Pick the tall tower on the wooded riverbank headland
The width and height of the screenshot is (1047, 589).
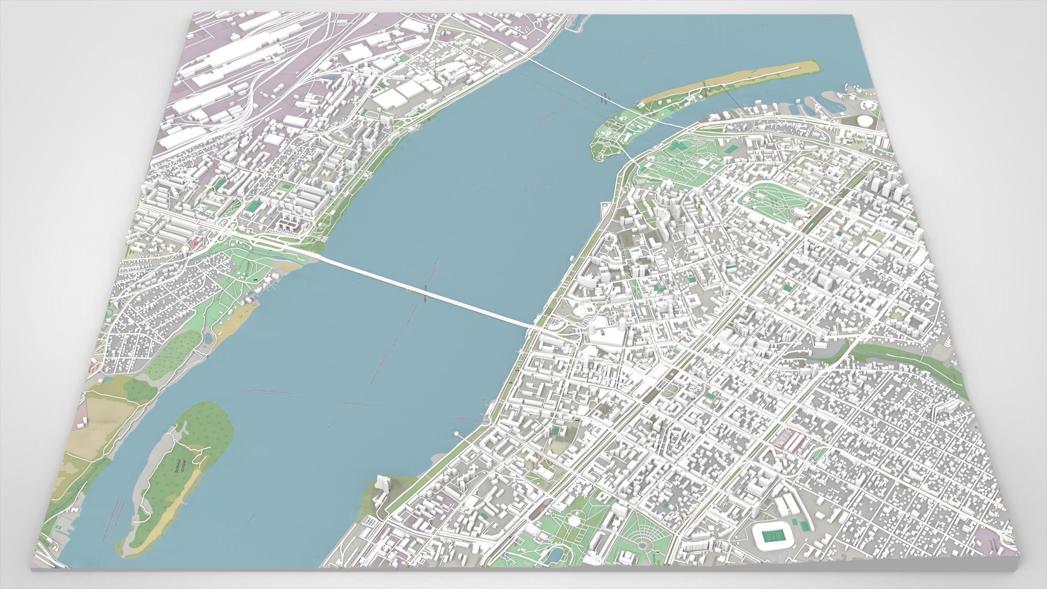click(x=384, y=486)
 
